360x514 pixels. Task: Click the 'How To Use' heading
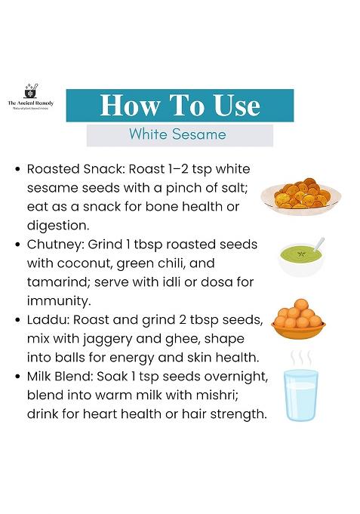tap(180, 105)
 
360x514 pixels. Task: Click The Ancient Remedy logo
tap(31, 96)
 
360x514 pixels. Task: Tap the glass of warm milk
tap(301, 393)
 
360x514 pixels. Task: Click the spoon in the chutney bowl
tap(317, 246)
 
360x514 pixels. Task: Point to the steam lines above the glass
tap(300, 357)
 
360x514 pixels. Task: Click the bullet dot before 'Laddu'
tap(17, 321)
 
